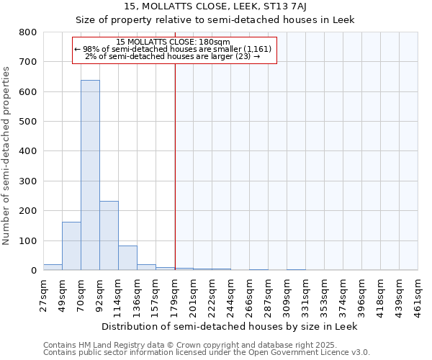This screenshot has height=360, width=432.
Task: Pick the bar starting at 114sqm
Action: click(127, 258)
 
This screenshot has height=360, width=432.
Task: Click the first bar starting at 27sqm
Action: click(53, 267)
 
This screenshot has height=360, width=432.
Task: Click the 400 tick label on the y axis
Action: click(27, 151)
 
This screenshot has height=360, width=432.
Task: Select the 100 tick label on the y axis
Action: click(27, 240)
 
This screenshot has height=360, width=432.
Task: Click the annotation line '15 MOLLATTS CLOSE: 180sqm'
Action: click(173, 42)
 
